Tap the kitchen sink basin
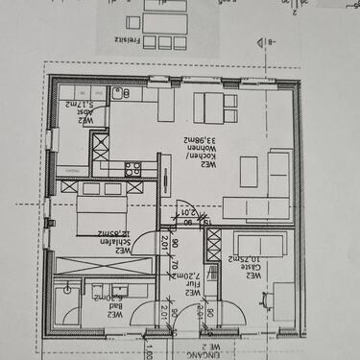pyautogui.click(x=117, y=94)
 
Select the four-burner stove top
pyautogui.click(x=132, y=166)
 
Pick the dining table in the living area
pyautogui.click(x=212, y=105)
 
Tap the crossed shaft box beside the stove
pyautogui.click(x=101, y=145)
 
